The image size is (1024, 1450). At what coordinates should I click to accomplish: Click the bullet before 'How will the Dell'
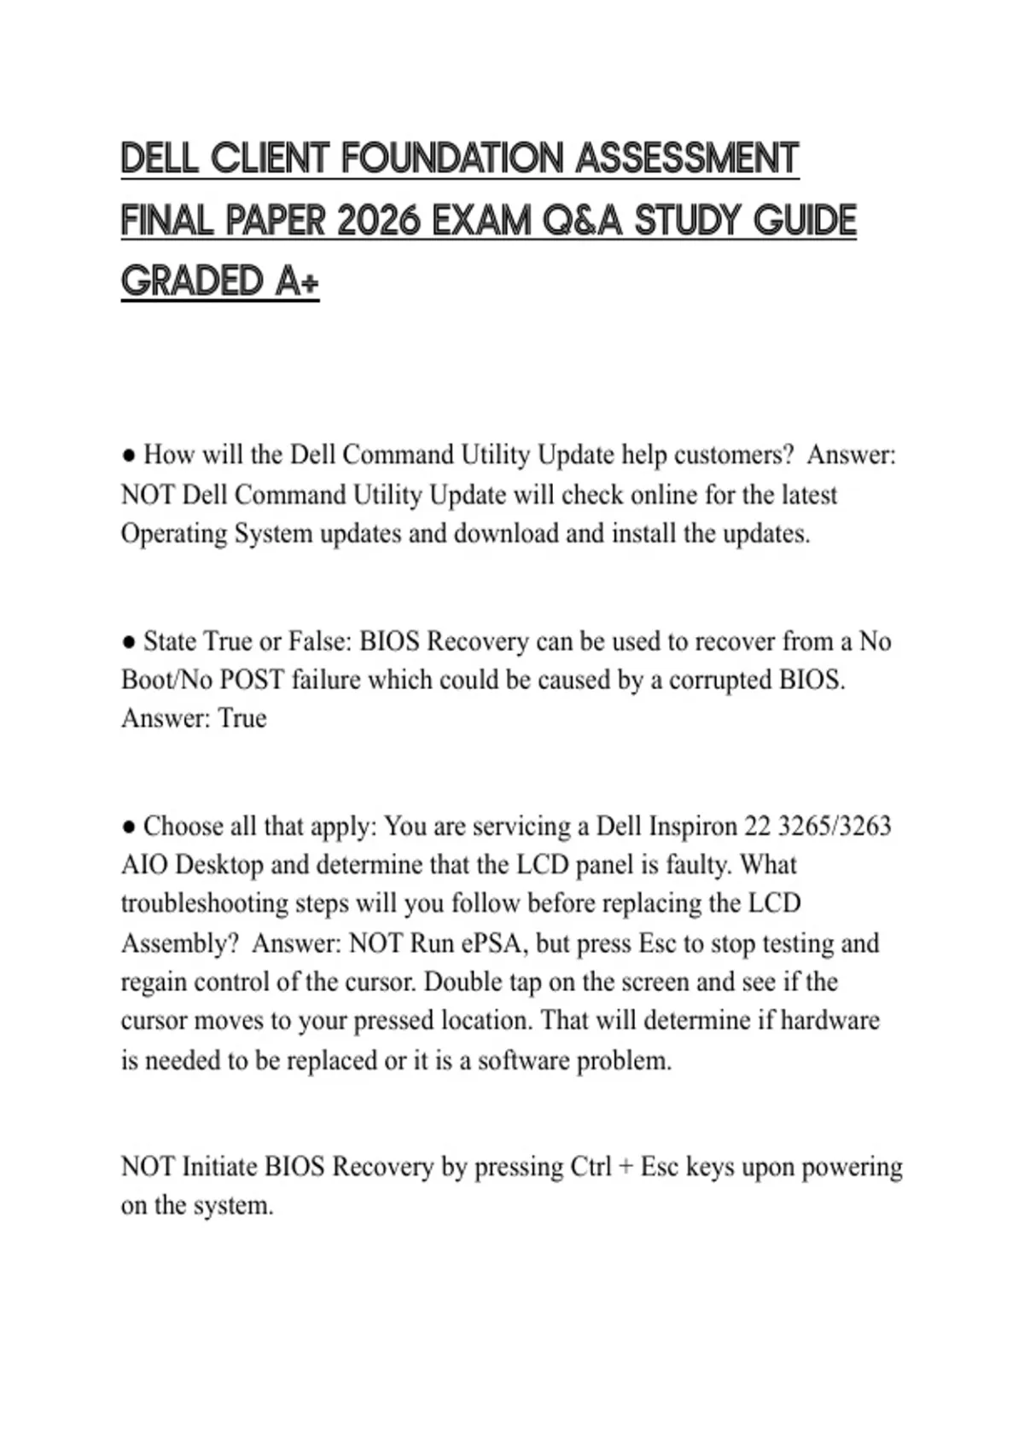click(129, 455)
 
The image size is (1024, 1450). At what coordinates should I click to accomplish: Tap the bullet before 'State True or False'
click(129, 641)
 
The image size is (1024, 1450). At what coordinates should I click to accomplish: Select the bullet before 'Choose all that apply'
click(129, 826)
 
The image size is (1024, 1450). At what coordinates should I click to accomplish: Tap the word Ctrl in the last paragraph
click(591, 1166)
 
